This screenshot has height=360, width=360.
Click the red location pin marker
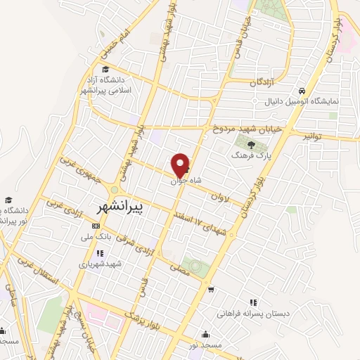[181, 165]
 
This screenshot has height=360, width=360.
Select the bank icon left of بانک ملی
[96, 226]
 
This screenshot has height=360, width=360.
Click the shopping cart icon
[210, 288]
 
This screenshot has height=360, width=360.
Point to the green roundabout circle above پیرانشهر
[115, 190]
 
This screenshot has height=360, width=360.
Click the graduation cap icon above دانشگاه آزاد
[105, 70]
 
